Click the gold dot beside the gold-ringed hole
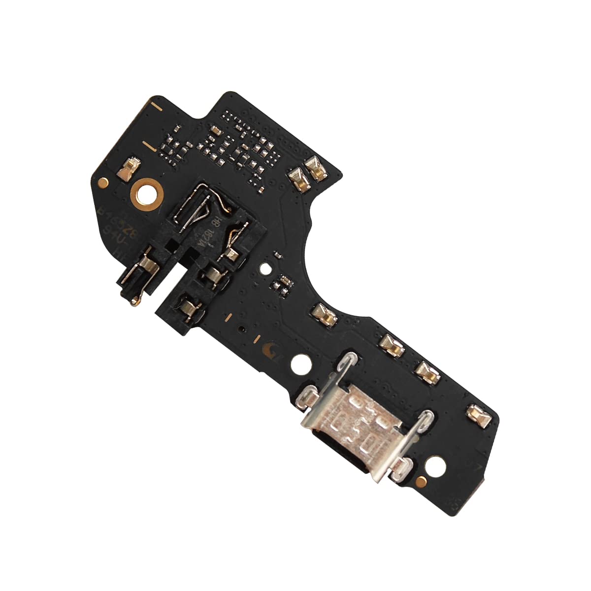point(103,182)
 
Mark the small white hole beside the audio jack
point(265,269)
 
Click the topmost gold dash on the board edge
point(156,105)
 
